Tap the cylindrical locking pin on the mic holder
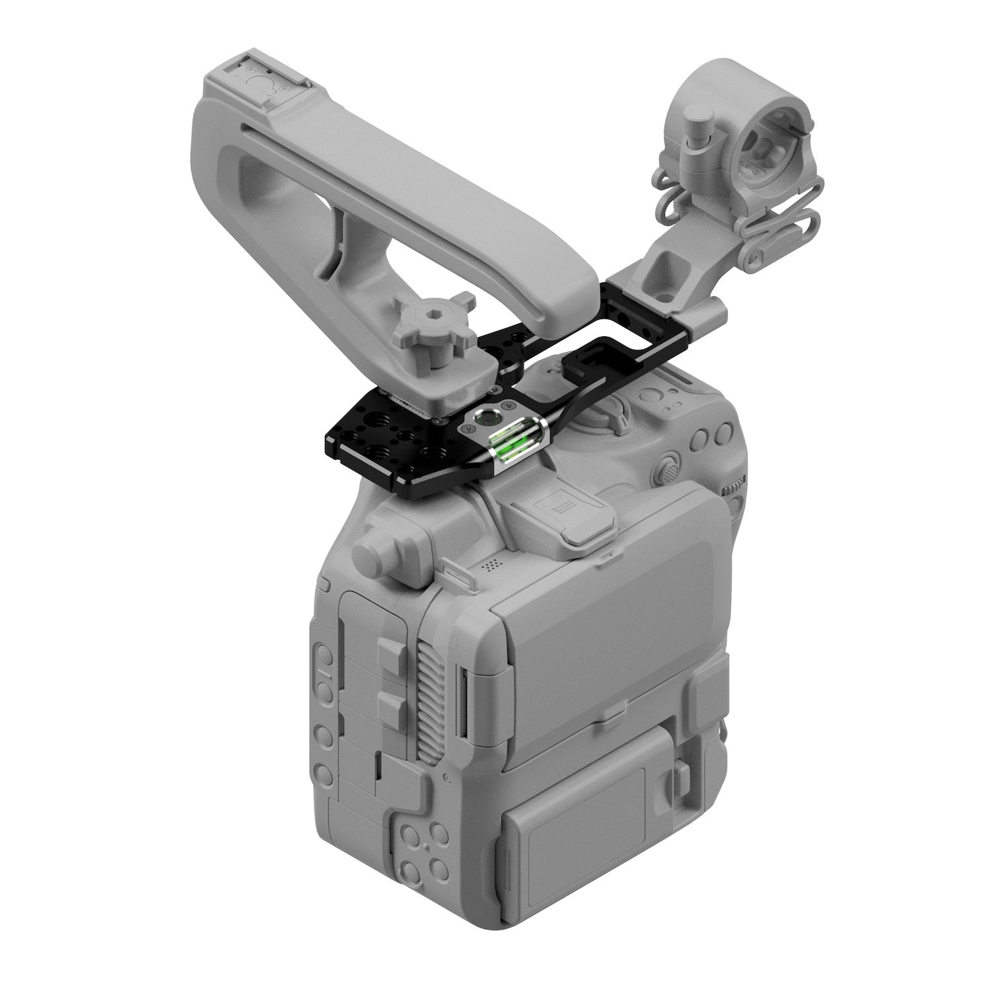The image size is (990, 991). coord(697,133)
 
